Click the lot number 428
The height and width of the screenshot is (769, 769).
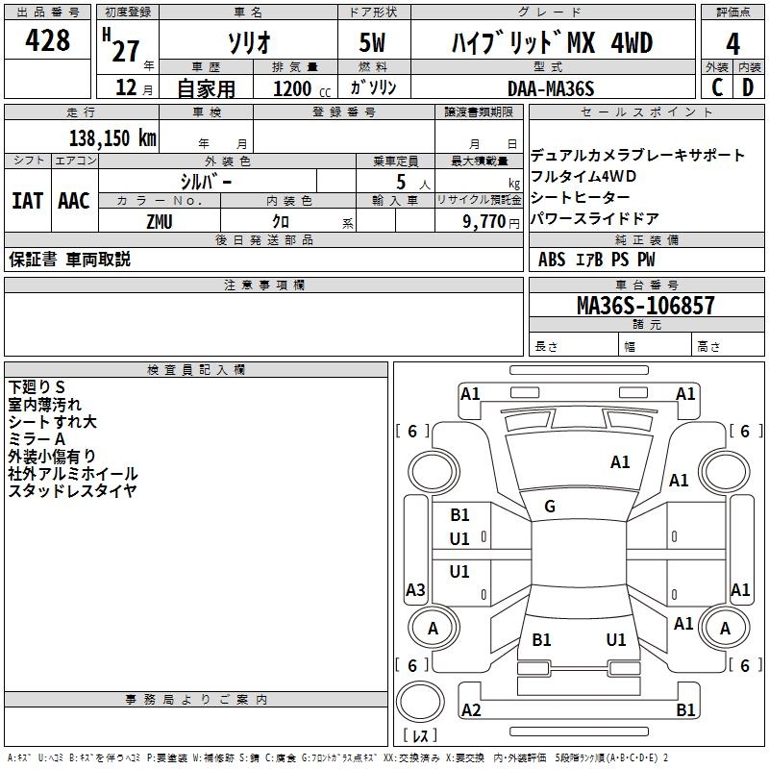(x=49, y=41)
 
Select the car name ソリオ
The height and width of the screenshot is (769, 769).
(x=248, y=42)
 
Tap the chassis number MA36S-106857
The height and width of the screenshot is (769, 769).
(x=645, y=306)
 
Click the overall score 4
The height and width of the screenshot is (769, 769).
(x=733, y=43)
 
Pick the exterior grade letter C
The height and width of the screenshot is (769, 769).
(x=717, y=87)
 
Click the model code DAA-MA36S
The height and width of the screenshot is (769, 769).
(x=552, y=88)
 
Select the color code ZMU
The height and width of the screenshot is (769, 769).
(x=161, y=220)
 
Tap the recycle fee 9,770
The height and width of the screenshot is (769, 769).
(x=490, y=221)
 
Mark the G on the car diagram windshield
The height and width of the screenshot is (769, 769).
(x=550, y=507)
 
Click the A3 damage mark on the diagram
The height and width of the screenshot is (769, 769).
(x=415, y=589)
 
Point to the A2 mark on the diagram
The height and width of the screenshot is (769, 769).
(x=471, y=710)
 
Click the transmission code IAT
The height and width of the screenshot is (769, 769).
(x=27, y=201)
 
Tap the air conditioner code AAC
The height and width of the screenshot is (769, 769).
(x=74, y=201)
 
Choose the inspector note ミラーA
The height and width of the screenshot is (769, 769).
(x=37, y=438)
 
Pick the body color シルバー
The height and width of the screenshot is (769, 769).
(x=206, y=181)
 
